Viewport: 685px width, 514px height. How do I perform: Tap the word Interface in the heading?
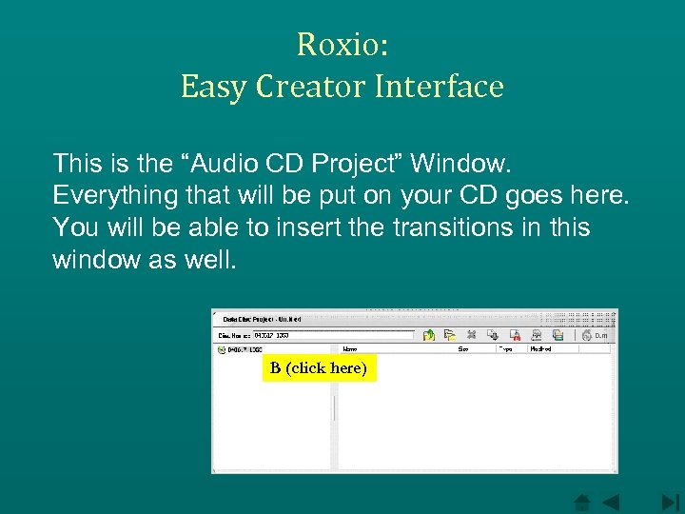click(x=440, y=87)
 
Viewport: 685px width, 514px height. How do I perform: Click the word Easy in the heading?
click(x=210, y=87)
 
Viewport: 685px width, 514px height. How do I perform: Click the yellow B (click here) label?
click(x=319, y=368)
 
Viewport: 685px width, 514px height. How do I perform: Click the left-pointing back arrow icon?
click(x=609, y=502)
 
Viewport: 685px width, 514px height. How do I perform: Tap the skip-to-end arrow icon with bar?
click(x=670, y=502)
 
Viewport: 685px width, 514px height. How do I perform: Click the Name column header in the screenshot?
click(x=350, y=349)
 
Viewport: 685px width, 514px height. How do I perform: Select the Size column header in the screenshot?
click(x=463, y=349)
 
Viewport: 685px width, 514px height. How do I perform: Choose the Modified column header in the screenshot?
click(x=540, y=349)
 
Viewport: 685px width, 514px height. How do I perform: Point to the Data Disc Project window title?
click(x=263, y=319)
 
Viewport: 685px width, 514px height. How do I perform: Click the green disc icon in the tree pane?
click(x=221, y=349)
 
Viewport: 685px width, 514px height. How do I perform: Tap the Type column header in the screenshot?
click(x=505, y=349)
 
